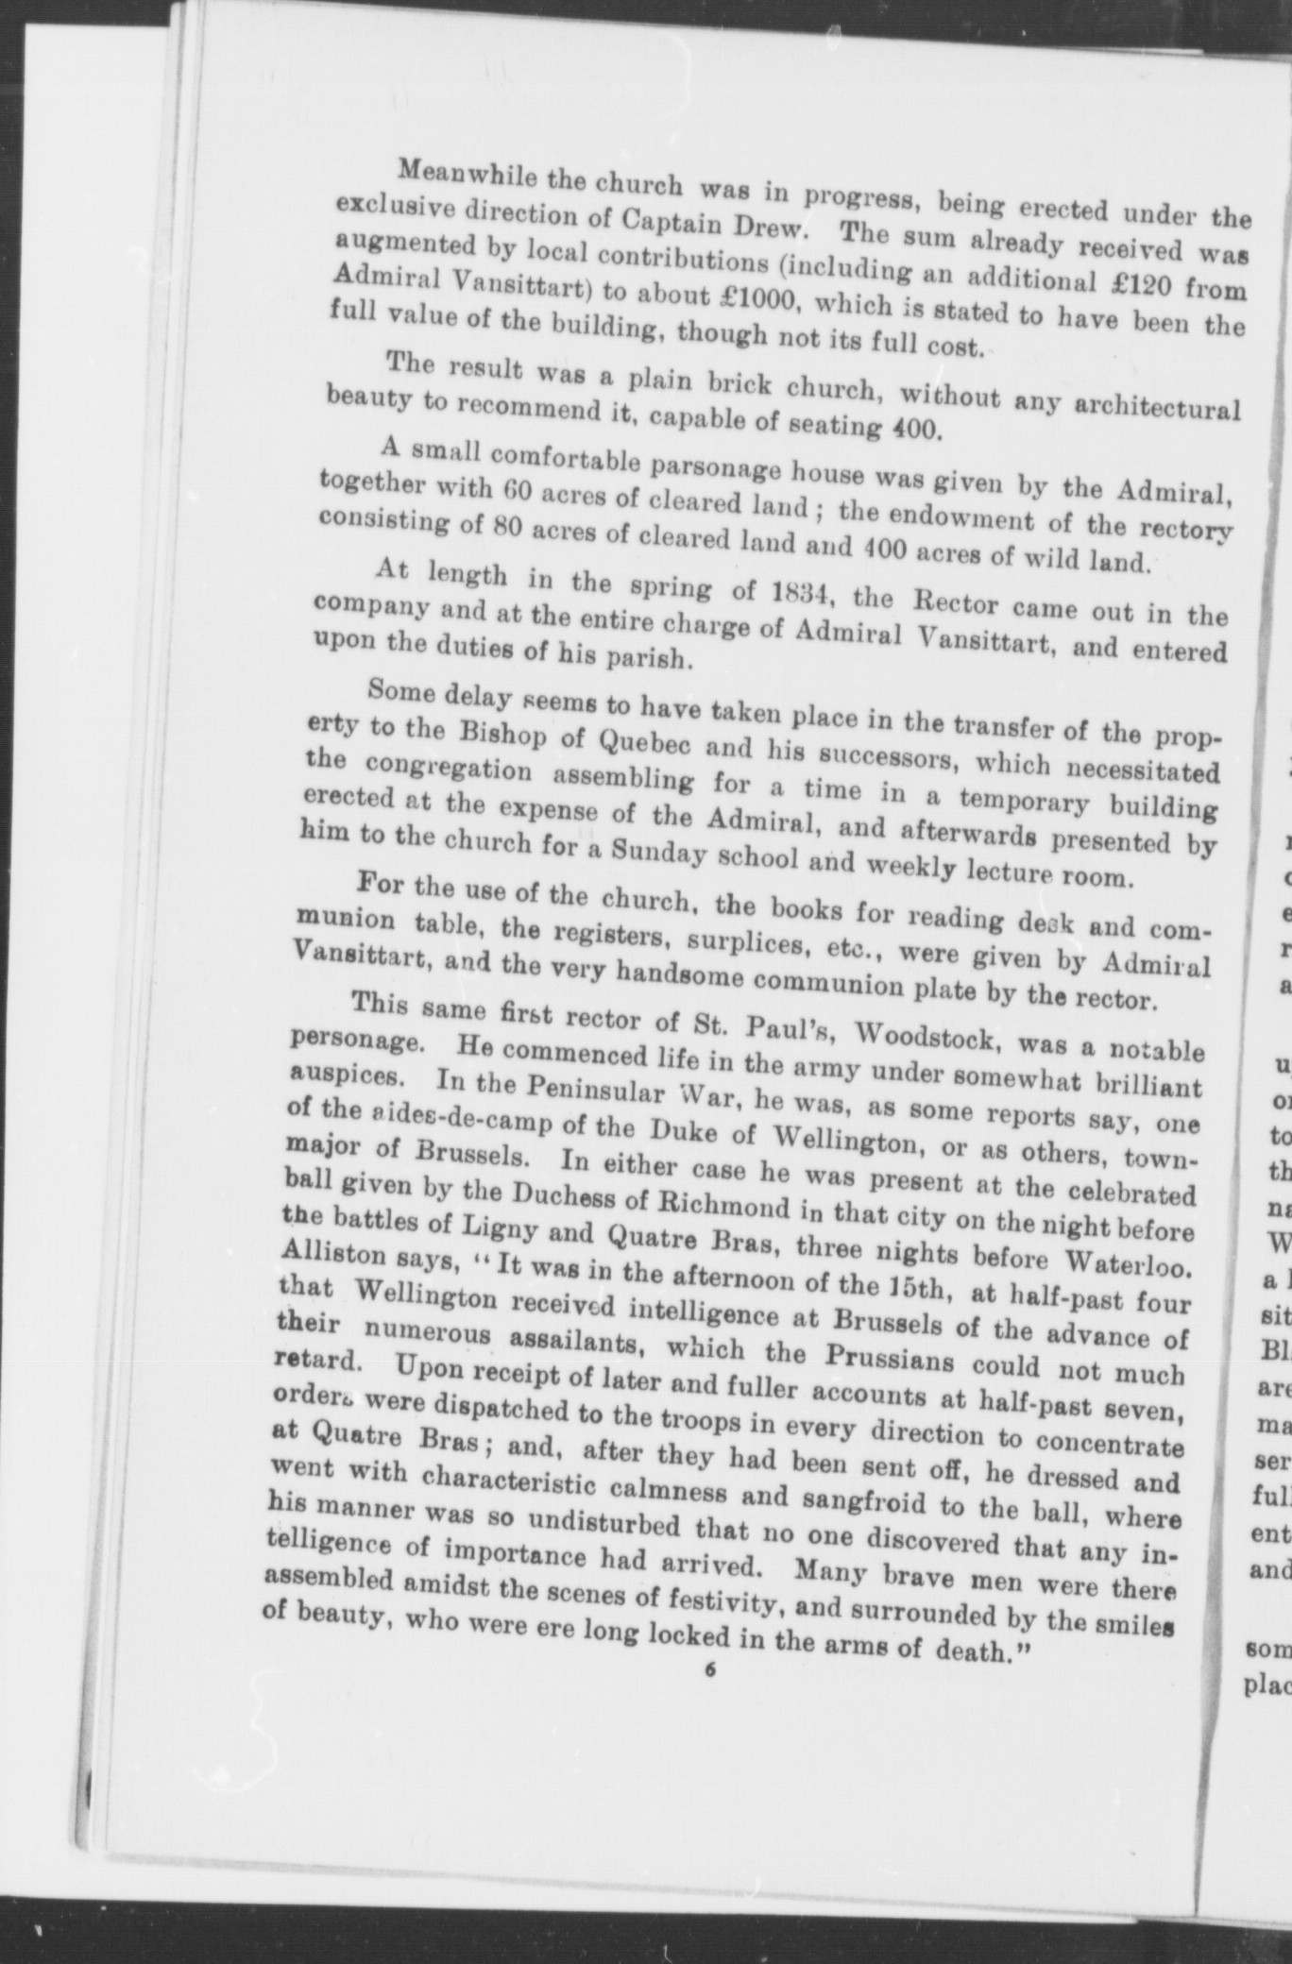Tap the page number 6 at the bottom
tap(711, 1668)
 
